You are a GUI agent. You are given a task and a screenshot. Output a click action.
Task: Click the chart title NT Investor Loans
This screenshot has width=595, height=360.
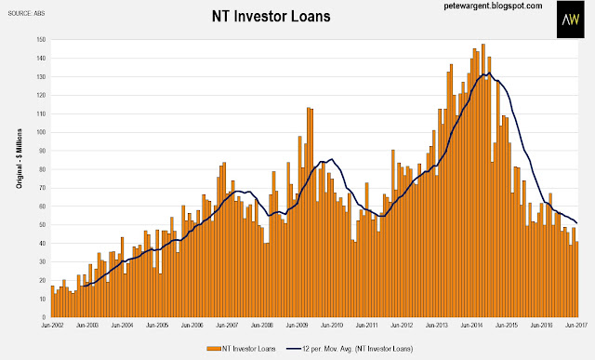click(271, 17)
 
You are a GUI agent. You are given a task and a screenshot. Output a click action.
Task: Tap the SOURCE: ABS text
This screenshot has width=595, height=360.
click(26, 13)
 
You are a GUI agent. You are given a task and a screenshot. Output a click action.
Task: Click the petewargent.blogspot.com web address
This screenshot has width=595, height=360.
click(493, 7)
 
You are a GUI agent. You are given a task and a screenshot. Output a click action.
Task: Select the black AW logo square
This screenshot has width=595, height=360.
click(570, 19)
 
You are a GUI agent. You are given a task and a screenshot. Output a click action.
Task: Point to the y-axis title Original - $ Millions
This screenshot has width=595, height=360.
click(19, 159)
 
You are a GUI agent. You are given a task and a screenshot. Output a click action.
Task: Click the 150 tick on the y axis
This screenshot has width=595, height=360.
click(41, 39)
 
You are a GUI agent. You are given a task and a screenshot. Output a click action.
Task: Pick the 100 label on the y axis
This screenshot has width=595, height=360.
click(41, 132)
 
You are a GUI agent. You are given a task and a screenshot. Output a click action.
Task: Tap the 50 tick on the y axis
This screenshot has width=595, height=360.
click(43, 225)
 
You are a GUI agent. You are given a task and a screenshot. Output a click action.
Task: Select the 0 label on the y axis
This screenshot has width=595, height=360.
click(44, 317)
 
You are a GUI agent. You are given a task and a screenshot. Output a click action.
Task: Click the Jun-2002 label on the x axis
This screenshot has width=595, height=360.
click(52, 326)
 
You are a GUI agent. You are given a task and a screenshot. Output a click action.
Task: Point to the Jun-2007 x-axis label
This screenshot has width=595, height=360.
click(227, 326)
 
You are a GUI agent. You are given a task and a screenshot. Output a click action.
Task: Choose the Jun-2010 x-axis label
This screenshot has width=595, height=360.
click(332, 326)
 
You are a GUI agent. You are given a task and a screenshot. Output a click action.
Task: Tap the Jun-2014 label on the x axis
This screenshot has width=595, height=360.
click(471, 326)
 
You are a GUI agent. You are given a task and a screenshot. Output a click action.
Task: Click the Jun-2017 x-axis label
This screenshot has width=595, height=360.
click(576, 326)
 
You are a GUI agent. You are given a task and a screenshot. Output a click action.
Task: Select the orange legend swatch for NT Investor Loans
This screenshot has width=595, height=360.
click(214, 349)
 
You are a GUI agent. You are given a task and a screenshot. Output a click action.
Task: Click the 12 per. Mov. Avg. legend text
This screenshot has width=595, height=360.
click(357, 349)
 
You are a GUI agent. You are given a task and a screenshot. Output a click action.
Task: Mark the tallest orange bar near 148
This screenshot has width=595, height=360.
click(483, 180)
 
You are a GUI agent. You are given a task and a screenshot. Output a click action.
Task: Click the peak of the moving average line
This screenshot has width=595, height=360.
click(490, 73)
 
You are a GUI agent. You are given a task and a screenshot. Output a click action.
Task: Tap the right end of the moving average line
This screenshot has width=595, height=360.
click(577, 223)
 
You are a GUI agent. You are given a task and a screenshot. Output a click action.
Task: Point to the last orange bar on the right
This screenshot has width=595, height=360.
click(576, 279)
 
